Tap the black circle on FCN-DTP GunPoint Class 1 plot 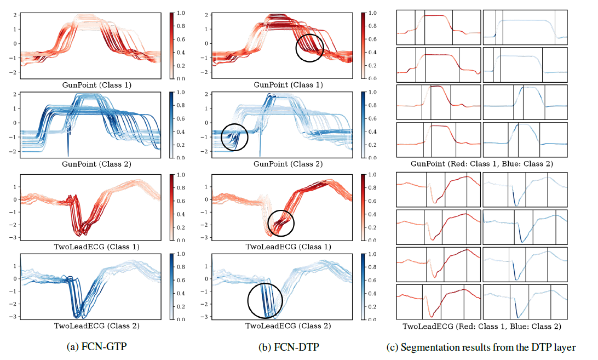(x=310, y=48)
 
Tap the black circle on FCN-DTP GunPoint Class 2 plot (x=234, y=137)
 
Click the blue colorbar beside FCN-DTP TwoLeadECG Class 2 (x=365, y=287)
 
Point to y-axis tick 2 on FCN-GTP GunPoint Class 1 (x=16, y=15)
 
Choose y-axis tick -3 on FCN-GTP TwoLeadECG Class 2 (x=14, y=317)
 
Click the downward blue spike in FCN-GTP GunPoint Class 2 (x=68, y=148)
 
